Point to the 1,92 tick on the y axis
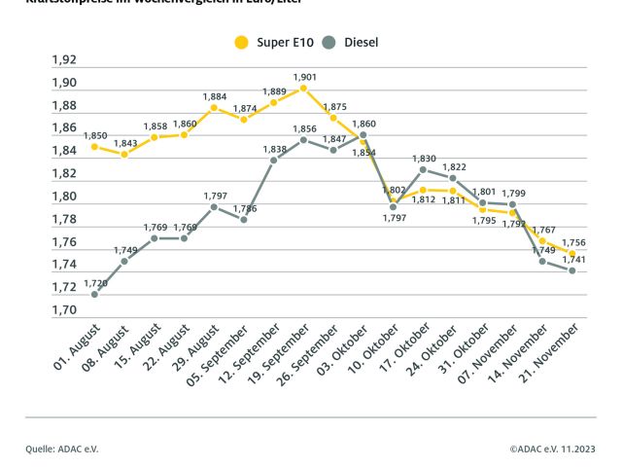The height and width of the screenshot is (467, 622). (64, 59)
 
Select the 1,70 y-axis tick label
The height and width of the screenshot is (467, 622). (64, 310)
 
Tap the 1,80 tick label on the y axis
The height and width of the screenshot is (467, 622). (64, 197)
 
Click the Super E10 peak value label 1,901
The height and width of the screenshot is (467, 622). (304, 76)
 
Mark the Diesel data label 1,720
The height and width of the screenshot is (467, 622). (94, 282)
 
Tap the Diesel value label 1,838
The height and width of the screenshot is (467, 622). (274, 148)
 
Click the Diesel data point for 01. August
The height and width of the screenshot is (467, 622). (94, 294)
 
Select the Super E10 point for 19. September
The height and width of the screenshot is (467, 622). (304, 88)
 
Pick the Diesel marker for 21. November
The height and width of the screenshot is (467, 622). (572, 270)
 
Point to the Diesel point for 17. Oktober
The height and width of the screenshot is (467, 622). (424, 169)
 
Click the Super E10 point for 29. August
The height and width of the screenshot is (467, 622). (214, 107)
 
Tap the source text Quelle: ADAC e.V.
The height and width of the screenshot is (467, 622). (62, 449)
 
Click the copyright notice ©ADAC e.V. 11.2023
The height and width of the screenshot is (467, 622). (552, 449)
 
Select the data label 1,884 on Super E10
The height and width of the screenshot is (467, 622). (214, 95)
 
